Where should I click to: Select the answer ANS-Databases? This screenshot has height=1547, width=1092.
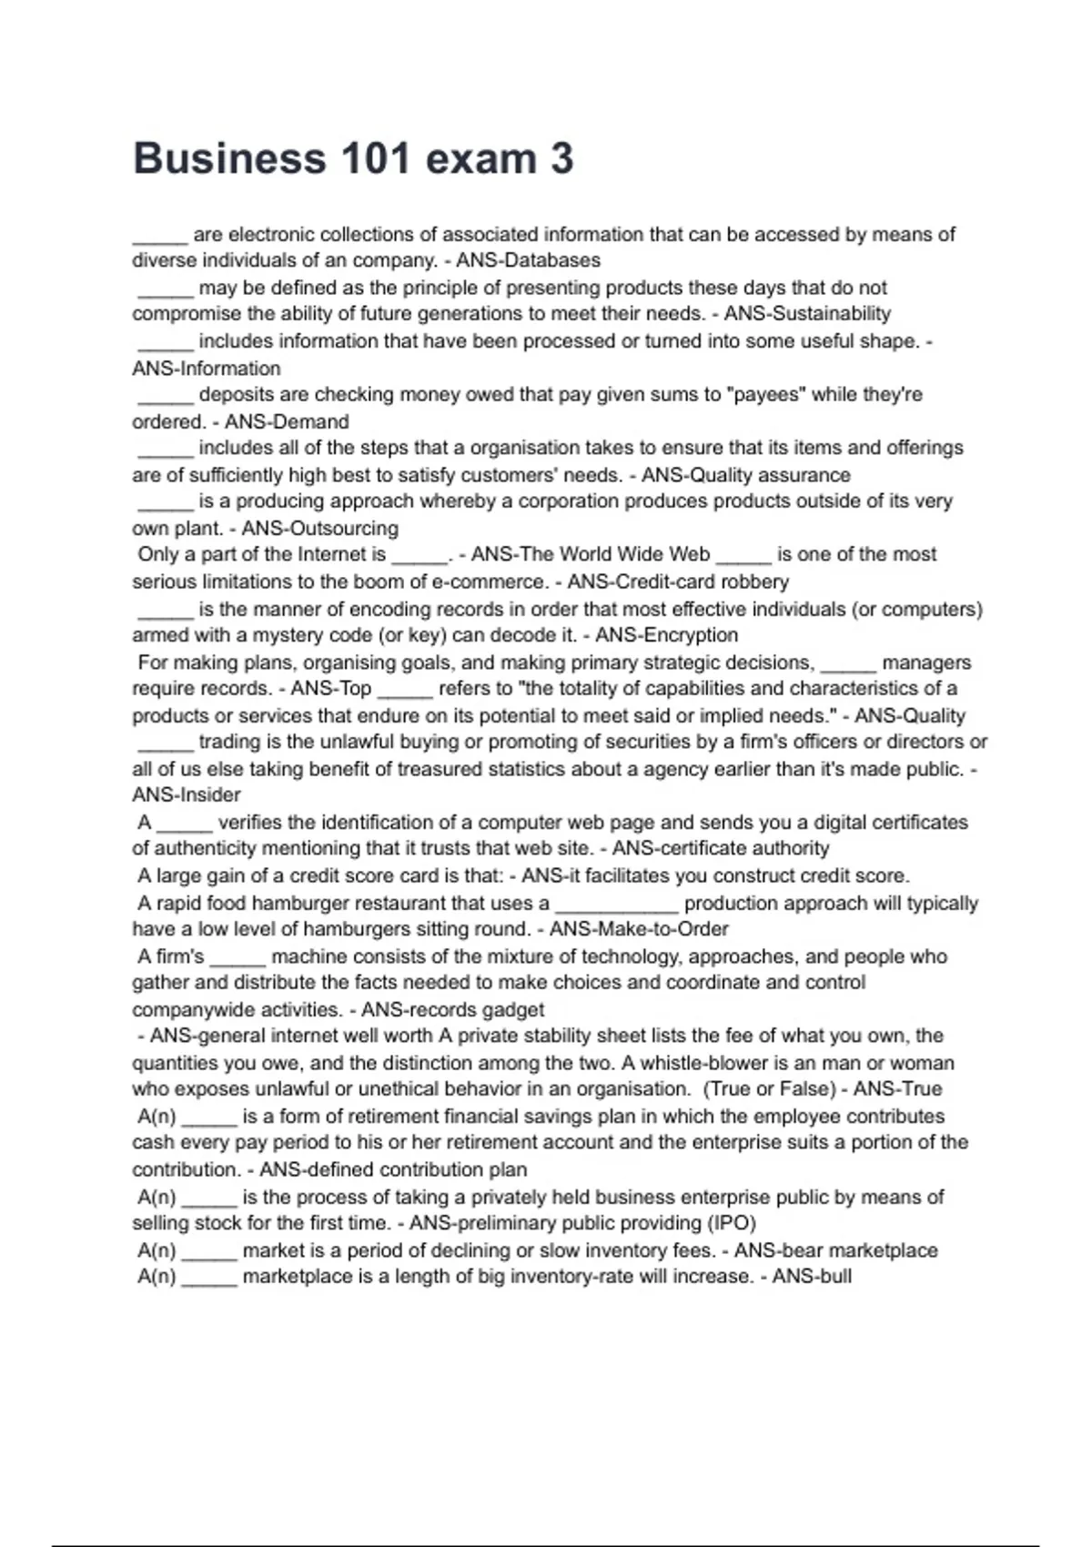coord(528,260)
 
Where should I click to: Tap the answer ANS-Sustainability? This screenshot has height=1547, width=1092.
coord(807,314)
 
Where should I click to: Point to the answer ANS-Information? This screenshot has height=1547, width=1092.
coord(207,369)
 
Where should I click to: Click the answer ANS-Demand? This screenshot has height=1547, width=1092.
coord(287,421)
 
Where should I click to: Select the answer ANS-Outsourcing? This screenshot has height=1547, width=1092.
coord(319,528)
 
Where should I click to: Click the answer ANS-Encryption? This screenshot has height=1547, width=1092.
coord(666,635)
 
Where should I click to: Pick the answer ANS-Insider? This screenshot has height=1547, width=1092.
coord(187,794)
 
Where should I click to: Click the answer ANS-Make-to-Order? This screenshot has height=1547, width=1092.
coord(639,929)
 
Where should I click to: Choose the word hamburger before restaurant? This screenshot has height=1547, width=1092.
coord(297,903)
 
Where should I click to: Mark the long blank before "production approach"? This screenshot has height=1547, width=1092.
coord(617,905)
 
